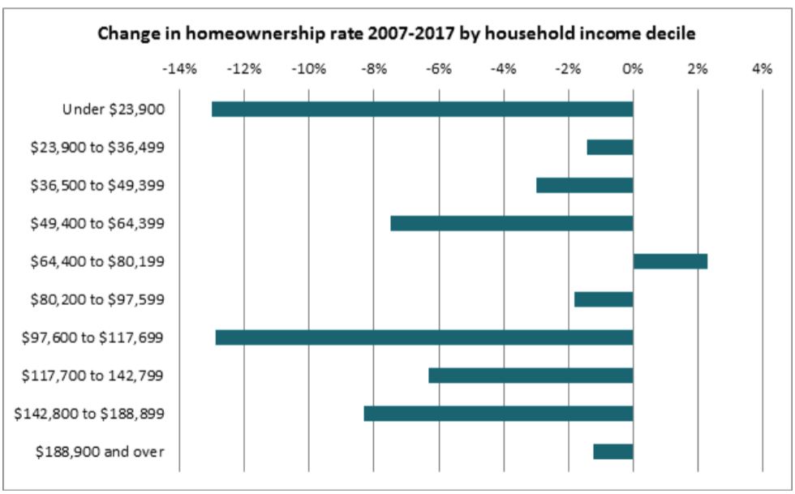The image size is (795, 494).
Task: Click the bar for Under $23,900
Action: coord(422,109)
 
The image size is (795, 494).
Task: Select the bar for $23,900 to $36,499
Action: coord(609,147)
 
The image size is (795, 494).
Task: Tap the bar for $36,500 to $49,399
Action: coord(584,185)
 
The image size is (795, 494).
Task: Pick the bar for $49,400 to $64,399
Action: coord(511,223)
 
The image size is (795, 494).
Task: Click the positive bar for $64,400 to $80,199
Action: coord(670,261)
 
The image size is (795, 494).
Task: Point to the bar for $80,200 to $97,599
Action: coord(603,299)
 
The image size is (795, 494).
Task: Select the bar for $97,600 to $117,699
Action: coord(423,337)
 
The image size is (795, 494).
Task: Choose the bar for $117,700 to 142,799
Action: coord(531,376)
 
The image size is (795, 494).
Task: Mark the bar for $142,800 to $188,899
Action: coord(498,414)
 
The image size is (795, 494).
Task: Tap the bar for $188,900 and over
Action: coord(612,452)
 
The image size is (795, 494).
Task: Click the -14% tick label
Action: coord(179,69)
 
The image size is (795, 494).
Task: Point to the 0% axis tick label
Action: coord(633,69)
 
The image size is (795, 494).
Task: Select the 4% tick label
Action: coord(762,69)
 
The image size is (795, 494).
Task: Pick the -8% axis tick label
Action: coord(373,69)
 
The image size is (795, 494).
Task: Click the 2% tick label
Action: coord(697,69)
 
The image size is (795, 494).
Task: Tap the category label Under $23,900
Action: coord(114,109)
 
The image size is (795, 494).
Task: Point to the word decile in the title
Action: coord(672,34)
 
